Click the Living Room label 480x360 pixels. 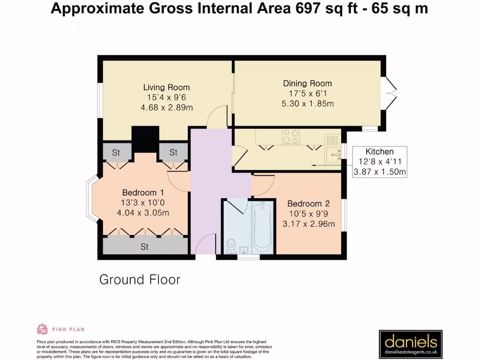pos(166,87)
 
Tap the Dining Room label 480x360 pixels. pos(307,83)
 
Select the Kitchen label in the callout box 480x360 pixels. pos(379,151)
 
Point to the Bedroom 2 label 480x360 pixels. pos(308,203)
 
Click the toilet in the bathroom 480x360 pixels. pos(231,246)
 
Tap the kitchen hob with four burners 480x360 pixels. pos(291,136)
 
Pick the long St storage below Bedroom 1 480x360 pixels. pos(144,247)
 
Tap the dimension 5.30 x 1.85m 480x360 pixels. pos(307,104)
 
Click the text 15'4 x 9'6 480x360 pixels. pos(166,97)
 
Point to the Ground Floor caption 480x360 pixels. pos(140,280)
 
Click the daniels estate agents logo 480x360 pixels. pos(411,344)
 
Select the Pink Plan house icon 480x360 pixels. pos(43,329)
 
